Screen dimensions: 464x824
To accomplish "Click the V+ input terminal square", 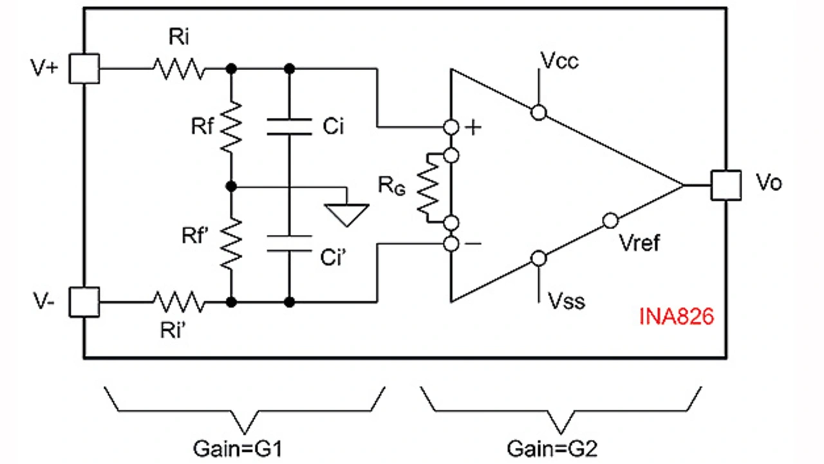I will [x=84, y=68].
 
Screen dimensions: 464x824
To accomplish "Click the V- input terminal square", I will [x=84, y=301].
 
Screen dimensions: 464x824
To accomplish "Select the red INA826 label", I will [x=676, y=317].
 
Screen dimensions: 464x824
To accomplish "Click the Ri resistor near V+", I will [x=178, y=68].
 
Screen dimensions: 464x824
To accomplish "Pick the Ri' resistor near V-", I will [x=178, y=301].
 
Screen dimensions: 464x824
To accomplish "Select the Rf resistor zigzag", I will [x=230, y=126].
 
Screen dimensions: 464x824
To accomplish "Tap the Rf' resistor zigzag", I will [x=230, y=243].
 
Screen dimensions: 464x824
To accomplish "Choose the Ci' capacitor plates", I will [x=290, y=243].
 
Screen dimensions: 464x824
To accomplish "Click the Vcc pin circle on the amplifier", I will [x=538, y=113].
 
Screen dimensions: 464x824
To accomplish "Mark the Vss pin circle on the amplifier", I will [x=538, y=258].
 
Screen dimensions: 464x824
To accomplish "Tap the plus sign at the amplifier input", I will [x=473, y=127].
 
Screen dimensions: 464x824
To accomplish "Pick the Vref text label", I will [x=639, y=243].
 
